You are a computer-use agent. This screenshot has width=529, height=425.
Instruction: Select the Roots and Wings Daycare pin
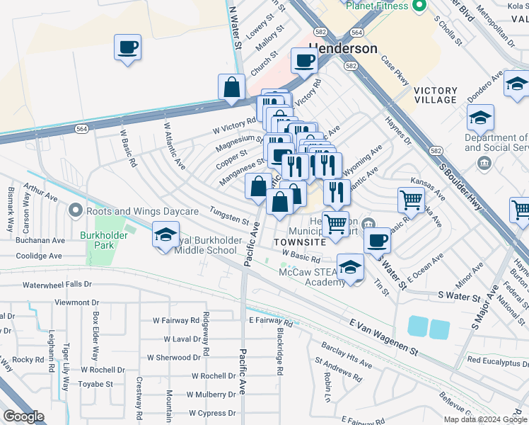(76, 211)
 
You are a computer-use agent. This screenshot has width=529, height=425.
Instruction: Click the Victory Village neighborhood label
(435, 95)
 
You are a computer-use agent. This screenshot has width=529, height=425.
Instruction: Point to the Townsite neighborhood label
(299, 242)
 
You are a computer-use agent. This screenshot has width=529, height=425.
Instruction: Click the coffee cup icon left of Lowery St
(128, 47)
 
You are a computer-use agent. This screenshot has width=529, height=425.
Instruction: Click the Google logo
(24, 416)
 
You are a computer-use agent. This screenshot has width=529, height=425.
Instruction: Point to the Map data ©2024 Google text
(485, 419)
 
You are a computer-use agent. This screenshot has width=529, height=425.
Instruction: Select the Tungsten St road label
(228, 215)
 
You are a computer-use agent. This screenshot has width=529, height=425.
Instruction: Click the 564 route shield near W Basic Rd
(82, 128)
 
